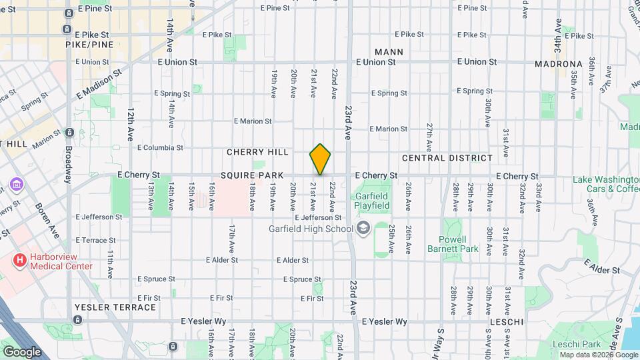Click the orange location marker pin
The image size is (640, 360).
[320, 159]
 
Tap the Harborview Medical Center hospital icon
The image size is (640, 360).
[20, 259]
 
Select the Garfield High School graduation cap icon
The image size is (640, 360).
[363, 229]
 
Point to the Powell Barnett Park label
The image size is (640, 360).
[459, 244]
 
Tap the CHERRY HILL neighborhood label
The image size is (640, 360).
[257, 152]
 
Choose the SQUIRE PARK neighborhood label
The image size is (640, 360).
[252, 175]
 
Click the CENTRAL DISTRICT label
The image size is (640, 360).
[447, 158]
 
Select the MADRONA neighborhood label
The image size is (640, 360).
[559, 64]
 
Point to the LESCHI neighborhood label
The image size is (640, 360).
[505, 322]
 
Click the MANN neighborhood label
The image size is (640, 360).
[389, 51]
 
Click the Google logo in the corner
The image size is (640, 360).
[21, 351]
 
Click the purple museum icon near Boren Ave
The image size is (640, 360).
[17, 184]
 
